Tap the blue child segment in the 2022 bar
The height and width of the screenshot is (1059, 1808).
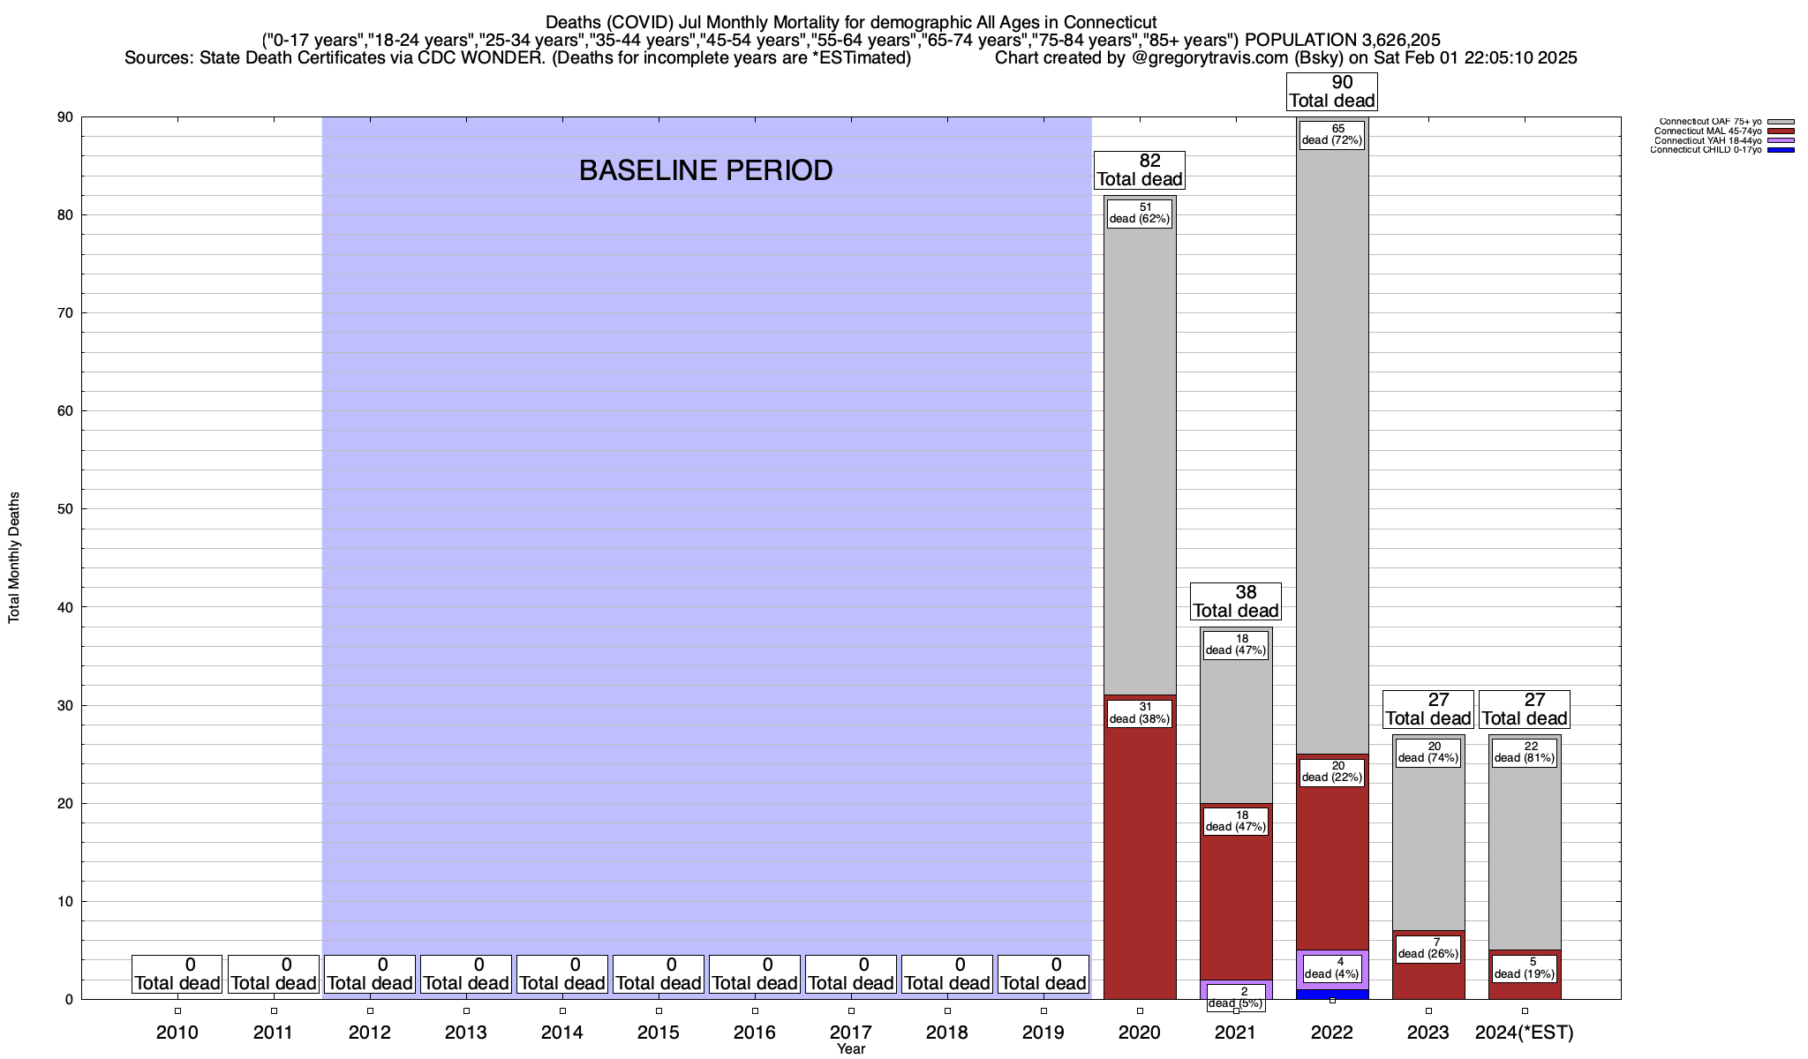click(1332, 994)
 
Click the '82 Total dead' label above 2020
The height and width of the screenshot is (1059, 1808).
click(1140, 170)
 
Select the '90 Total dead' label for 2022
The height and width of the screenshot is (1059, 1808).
click(1332, 92)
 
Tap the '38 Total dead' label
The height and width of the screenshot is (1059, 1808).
click(1236, 602)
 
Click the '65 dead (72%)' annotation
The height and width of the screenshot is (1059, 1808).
click(1332, 134)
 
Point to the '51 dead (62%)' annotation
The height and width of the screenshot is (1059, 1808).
click(1140, 213)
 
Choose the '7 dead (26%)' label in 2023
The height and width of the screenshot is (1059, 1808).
click(1428, 949)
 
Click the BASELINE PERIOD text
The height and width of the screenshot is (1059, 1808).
click(705, 170)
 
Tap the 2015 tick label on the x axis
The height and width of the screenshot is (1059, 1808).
click(659, 1032)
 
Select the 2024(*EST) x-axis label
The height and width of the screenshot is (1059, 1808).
click(1525, 1032)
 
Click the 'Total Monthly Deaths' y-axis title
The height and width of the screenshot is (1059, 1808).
click(14, 558)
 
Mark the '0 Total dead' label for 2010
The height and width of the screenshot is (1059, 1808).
click(177, 974)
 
